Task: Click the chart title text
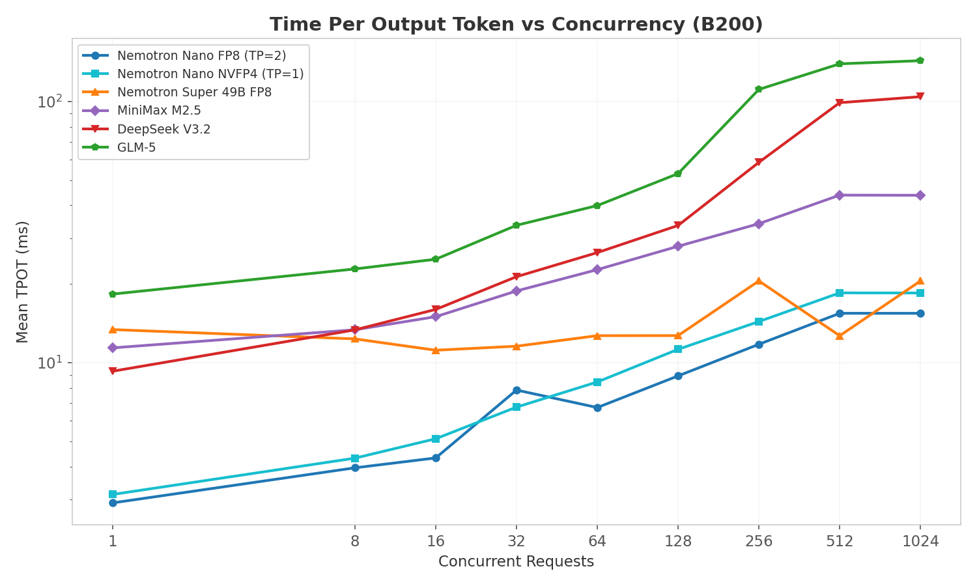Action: click(516, 25)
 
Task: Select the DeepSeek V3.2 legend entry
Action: click(163, 130)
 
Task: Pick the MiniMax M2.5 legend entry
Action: click(159, 111)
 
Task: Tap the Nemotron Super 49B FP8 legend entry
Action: click(194, 92)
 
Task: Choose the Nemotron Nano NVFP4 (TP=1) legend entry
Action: click(210, 74)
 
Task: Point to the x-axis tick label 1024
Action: click(920, 541)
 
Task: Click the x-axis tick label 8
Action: click(355, 541)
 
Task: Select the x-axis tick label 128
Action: click(678, 541)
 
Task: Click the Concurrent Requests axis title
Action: click(516, 562)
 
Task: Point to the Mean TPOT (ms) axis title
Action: click(23, 281)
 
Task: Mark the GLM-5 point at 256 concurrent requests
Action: click(759, 89)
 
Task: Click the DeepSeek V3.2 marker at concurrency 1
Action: click(113, 371)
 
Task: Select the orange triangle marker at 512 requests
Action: click(840, 336)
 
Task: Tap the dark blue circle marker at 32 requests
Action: click(517, 390)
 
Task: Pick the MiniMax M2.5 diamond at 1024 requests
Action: click(920, 195)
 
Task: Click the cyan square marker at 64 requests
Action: click(597, 382)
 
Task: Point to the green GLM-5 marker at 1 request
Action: click(113, 294)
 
